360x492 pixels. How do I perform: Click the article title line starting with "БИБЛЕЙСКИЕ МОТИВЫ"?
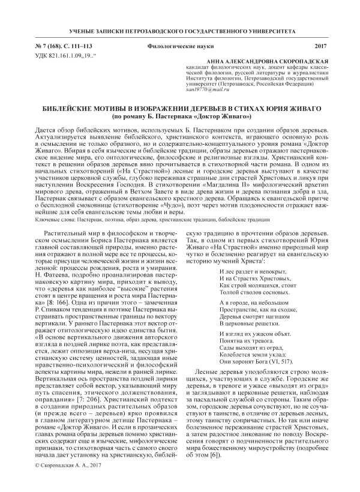(179, 108)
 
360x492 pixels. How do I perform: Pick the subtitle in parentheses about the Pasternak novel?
(179, 115)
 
